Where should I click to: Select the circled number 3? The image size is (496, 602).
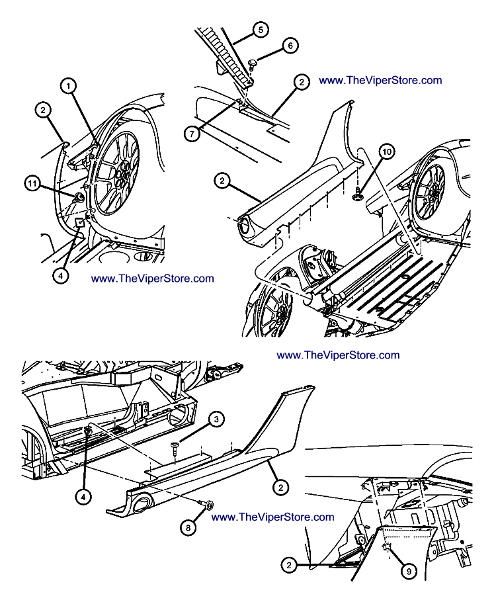click(x=216, y=418)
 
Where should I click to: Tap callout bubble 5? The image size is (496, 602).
click(x=260, y=30)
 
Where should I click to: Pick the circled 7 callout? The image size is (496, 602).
click(x=192, y=133)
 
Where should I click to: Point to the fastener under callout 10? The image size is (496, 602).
click(x=357, y=194)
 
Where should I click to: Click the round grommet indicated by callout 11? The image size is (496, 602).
click(x=77, y=197)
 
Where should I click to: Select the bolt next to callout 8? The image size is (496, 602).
click(x=206, y=506)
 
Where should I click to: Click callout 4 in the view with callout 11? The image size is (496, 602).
click(x=61, y=275)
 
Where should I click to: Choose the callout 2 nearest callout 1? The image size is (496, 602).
click(x=43, y=110)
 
